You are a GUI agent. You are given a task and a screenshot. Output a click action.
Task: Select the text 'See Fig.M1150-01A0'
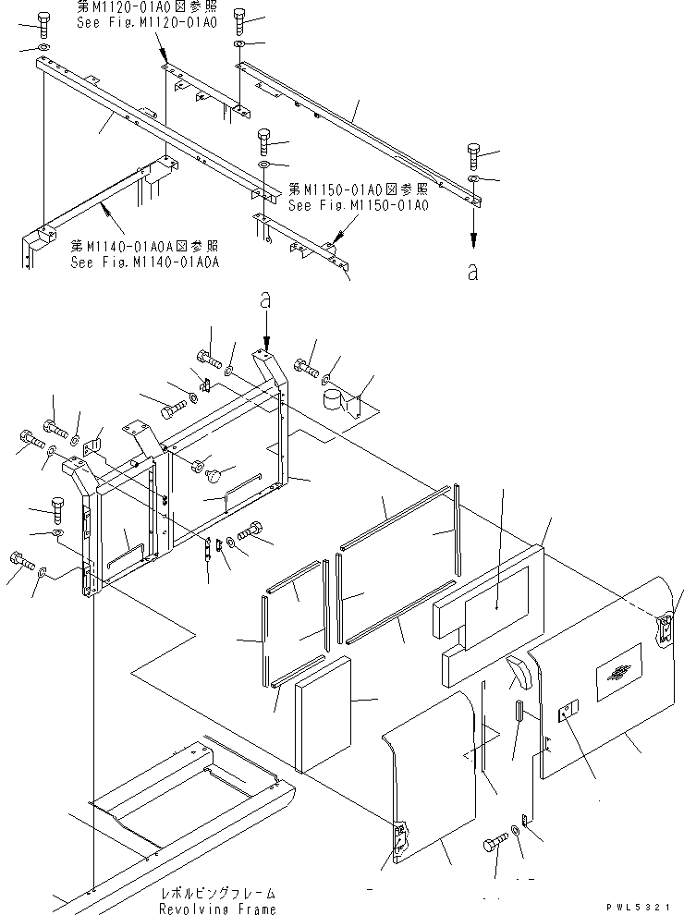358,205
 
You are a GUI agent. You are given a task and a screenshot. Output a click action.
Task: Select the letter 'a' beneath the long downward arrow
473,273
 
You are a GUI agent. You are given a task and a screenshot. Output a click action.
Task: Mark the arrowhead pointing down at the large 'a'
473,238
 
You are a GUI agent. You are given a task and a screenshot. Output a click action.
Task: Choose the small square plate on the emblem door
567,710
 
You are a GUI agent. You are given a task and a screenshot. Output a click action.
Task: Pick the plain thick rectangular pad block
324,714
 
